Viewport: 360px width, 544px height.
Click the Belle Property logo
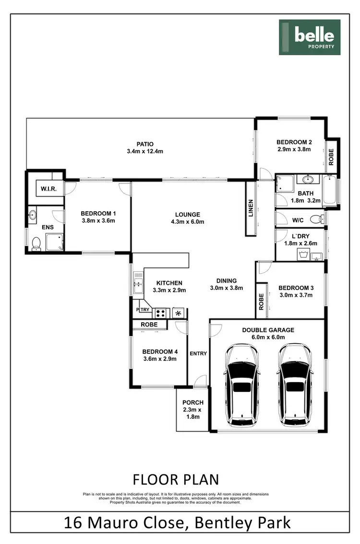[310, 37]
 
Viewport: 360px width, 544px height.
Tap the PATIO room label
[144, 144]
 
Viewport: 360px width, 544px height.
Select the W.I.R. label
[49, 189]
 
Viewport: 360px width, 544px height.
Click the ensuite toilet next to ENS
[36, 244]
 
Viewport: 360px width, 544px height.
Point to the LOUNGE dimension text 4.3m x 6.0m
[188, 222]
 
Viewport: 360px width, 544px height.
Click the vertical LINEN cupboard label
[251, 208]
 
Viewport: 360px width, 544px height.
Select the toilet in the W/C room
[315, 219]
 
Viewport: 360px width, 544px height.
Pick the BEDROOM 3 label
[296, 288]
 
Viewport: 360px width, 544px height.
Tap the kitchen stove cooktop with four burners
[161, 313]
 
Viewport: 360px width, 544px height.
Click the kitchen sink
[138, 283]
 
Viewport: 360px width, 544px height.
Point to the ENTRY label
[198, 353]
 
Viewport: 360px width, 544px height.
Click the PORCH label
[193, 402]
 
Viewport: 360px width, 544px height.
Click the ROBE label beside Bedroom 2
[331, 157]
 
